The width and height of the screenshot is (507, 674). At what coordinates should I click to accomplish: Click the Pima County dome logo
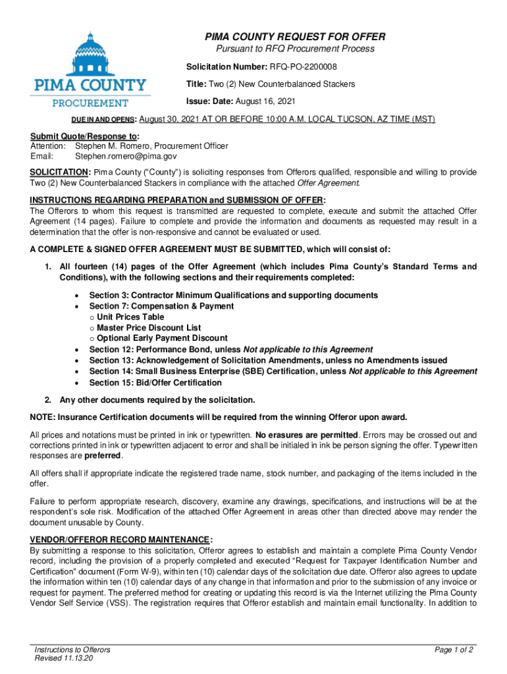click(x=91, y=53)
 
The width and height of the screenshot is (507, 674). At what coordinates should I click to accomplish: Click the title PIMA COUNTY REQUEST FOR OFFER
click(x=294, y=37)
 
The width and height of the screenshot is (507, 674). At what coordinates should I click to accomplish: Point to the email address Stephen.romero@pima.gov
click(x=126, y=157)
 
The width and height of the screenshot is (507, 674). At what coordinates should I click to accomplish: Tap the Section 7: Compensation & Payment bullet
click(x=161, y=306)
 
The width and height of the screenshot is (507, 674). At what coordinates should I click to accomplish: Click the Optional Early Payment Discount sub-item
click(x=162, y=338)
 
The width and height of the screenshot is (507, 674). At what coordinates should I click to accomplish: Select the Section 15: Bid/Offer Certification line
click(x=155, y=382)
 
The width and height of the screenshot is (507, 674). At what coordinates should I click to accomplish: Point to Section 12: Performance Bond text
click(x=165, y=350)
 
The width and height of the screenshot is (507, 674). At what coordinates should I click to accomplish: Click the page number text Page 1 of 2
click(x=454, y=650)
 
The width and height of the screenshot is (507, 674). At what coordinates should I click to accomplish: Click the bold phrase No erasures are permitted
click(x=307, y=435)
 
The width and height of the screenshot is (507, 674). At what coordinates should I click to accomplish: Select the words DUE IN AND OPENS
click(x=102, y=120)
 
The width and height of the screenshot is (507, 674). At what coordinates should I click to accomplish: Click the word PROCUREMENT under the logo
click(x=91, y=103)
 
